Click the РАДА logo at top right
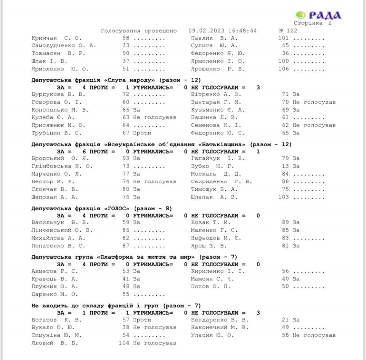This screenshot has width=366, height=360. (318, 15)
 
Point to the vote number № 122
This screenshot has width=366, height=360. (288, 30)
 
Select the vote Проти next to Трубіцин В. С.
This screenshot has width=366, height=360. (142, 133)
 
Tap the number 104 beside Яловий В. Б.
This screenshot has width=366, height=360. (124, 343)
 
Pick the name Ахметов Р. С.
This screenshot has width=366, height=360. (55, 271)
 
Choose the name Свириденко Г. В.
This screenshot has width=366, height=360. (221, 182)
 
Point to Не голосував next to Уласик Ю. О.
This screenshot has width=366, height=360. (314, 335)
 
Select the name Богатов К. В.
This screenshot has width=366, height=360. (54, 320)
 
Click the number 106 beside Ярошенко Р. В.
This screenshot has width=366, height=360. (284, 69)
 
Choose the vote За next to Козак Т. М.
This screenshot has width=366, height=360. (296, 222)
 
